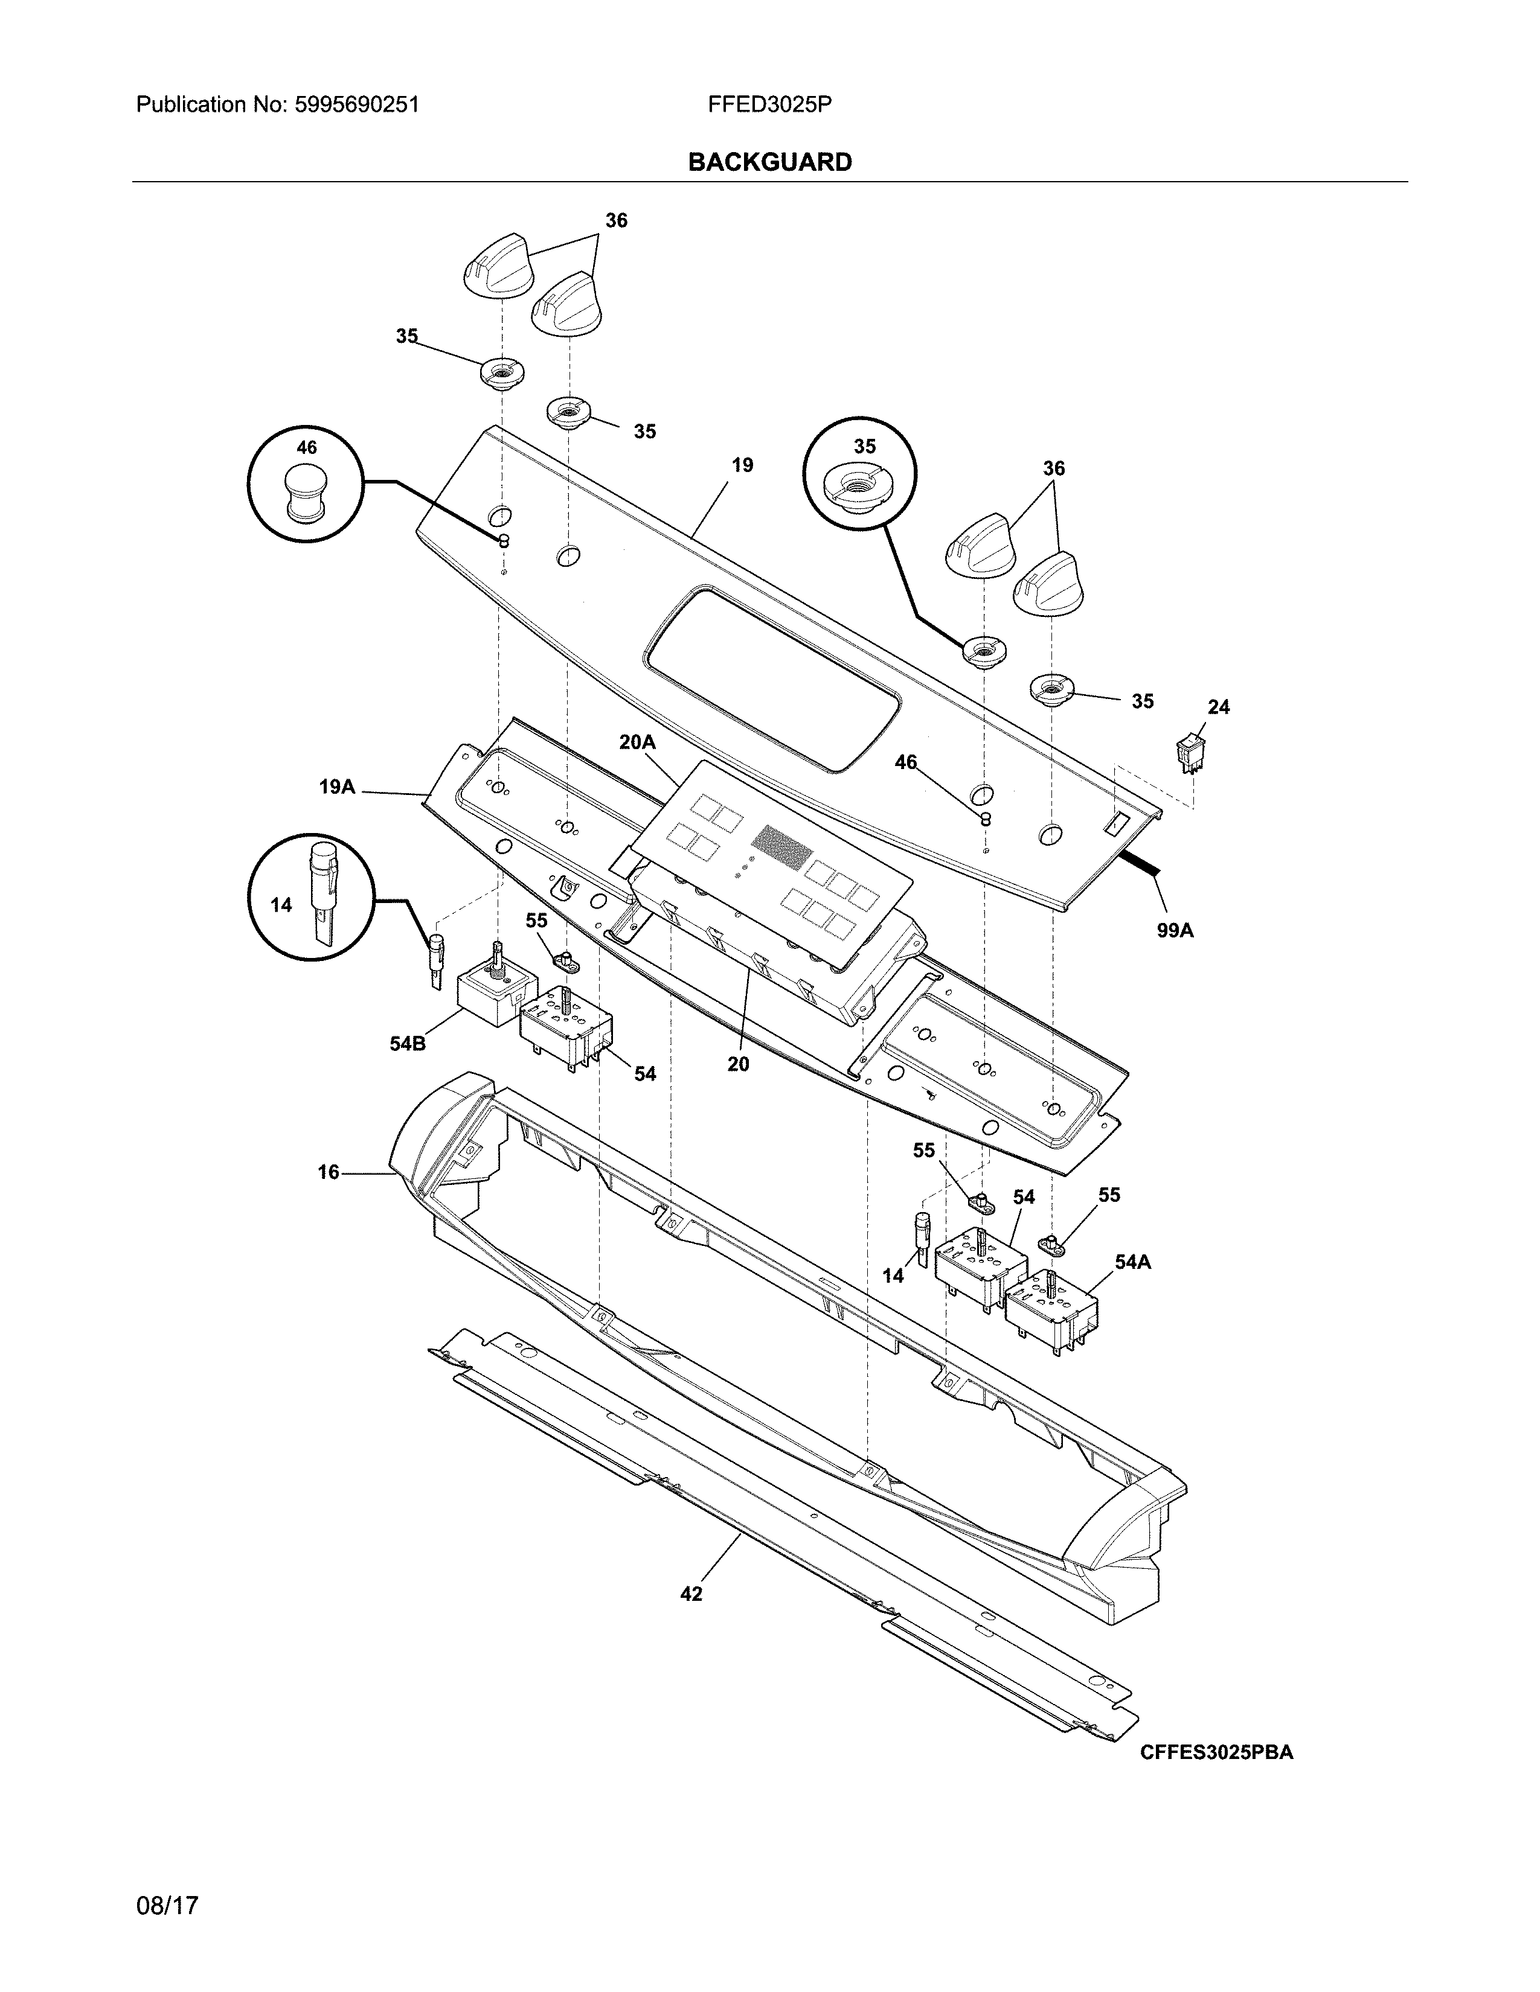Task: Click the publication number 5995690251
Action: click(357, 105)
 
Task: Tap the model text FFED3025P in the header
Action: click(769, 105)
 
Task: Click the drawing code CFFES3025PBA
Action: click(1216, 1752)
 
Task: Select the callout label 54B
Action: click(407, 1044)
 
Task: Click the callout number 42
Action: click(691, 1594)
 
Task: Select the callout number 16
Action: click(329, 1172)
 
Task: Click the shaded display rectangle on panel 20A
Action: click(782, 846)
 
